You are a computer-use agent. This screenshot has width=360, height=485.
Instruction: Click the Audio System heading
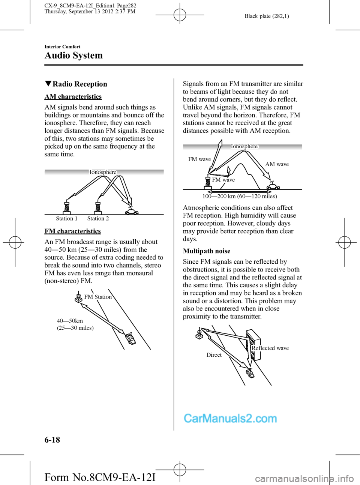point(73,56)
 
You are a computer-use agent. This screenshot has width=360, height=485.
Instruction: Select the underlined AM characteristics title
point(73,96)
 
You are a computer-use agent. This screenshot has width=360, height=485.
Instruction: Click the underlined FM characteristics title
point(73,231)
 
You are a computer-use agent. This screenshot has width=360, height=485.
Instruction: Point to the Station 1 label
point(66,219)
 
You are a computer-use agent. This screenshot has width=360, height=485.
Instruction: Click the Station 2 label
point(98,219)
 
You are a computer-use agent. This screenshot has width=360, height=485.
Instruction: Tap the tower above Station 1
point(67,207)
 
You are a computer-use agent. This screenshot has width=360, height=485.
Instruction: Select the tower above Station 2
point(98,207)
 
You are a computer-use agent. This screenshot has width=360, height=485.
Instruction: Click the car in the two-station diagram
point(132,212)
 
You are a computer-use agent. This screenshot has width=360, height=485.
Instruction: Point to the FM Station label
point(98,297)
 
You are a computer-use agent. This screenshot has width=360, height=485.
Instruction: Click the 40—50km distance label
point(70,321)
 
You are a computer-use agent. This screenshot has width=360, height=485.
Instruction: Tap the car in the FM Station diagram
point(130,338)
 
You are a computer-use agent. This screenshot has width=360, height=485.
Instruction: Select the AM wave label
point(277,164)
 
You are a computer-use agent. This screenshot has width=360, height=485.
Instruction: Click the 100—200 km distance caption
point(240,196)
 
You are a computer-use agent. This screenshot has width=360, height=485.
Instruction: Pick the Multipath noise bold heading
point(207,251)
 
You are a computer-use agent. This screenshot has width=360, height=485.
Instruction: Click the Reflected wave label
point(270,348)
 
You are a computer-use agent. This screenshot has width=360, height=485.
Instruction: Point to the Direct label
point(214,355)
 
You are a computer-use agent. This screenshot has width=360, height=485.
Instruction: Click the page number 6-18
point(52,440)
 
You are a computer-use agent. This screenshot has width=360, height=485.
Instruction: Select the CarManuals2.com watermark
point(230,418)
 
